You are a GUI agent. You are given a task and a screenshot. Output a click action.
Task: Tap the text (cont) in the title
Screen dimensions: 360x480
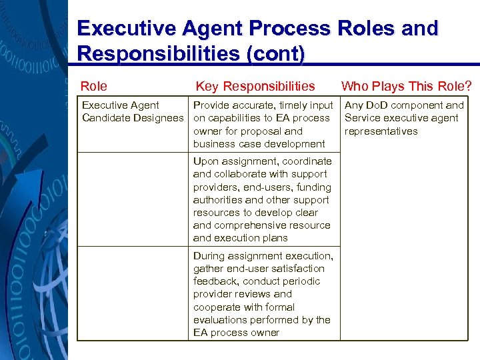click(x=273, y=53)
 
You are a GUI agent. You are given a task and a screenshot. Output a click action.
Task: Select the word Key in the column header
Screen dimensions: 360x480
click(x=207, y=86)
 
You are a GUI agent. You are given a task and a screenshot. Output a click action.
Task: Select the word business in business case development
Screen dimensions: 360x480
click(x=214, y=144)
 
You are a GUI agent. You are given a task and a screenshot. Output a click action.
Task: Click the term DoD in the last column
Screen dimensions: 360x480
click(x=376, y=105)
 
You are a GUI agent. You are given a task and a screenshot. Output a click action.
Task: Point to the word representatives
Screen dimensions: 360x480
click(x=381, y=131)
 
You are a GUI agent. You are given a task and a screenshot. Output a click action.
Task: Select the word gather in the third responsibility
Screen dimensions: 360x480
click(x=208, y=269)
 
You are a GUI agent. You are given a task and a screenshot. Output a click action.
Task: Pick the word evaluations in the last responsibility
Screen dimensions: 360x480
click(x=220, y=320)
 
